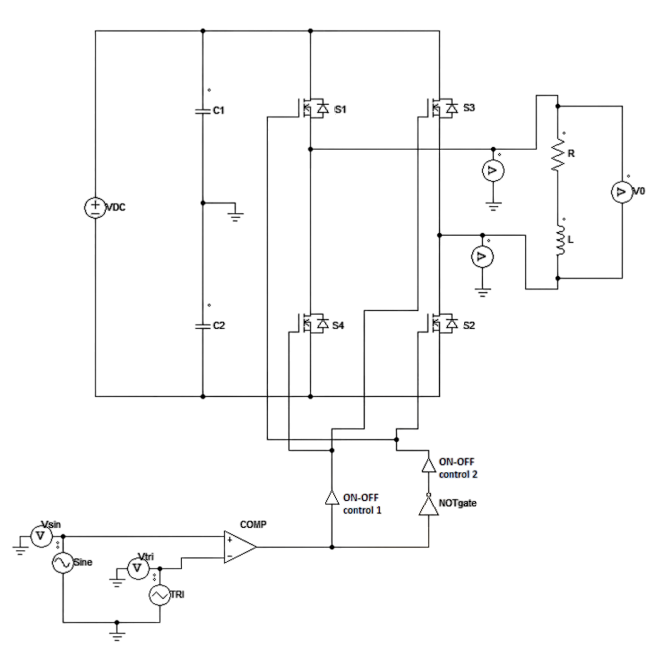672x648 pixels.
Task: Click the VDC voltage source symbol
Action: (x=94, y=208)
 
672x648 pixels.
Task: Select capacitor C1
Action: (x=202, y=111)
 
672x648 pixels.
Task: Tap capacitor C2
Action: (x=202, y=326)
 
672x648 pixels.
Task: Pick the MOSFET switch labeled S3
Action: (x=441, y=108)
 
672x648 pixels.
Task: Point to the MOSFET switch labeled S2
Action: (x=441, y=324)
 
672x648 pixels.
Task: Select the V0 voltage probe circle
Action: (x=621, y=191)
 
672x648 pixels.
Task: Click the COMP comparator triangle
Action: (x=239, y=547)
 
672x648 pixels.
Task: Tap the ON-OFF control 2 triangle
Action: (x=429, y=465)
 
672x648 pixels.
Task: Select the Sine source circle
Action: (x=63, y=563)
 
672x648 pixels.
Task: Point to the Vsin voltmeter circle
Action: (x=39, y=535)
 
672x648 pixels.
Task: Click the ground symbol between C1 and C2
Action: (x=236, y=215)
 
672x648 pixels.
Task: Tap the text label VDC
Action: (x=116, y=208)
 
